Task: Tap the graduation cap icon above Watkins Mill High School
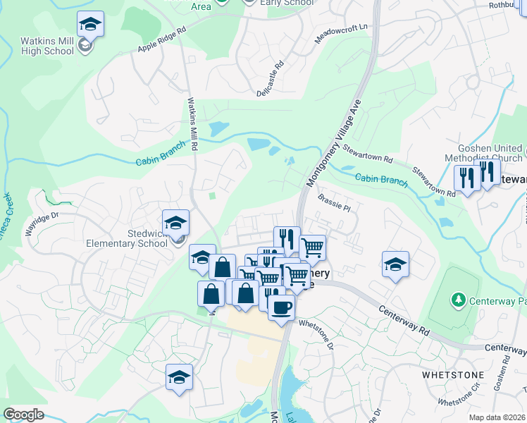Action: (x=89, y=25)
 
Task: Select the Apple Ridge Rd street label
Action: (x=162, y=39)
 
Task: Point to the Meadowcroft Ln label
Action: (x=342, y=33)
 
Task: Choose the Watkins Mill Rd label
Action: (x=190, y=121)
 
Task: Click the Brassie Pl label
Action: (x=334, y=202)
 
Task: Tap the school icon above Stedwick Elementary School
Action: (x=176, y=223)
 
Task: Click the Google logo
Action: (x=23, y=415)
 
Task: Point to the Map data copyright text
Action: (x=496, y=417)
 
